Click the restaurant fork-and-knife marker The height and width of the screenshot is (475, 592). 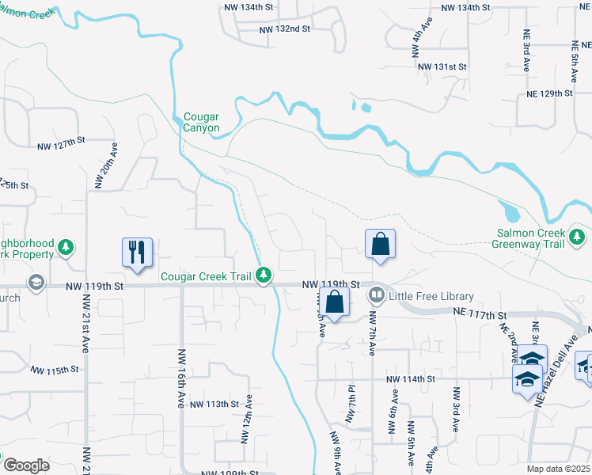(137, 253)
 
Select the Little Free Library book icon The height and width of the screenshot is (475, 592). (377, 296)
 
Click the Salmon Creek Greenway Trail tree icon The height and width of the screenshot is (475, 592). (579, 236)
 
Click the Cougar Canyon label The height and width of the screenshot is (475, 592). (201, 122)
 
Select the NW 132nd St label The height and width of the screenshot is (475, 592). (285, 29)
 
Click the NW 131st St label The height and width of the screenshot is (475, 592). (442, 66)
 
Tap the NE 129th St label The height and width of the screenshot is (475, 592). (549, 93)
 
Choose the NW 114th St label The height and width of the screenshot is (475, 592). (412, 380)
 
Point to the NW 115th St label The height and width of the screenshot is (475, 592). (56, 370)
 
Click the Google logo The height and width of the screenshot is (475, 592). (26, 466)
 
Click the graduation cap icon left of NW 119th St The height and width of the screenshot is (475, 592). (36, 283)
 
